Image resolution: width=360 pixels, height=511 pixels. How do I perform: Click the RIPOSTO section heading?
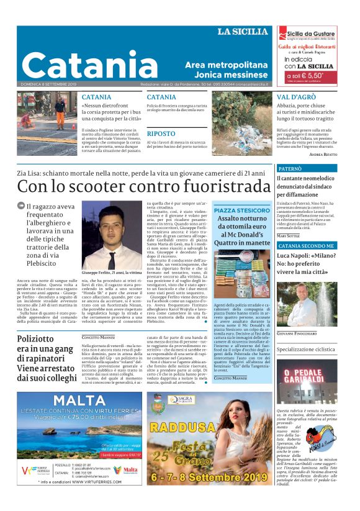click(161, 133)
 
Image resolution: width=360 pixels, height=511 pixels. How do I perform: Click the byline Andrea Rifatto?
click(323, 154)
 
